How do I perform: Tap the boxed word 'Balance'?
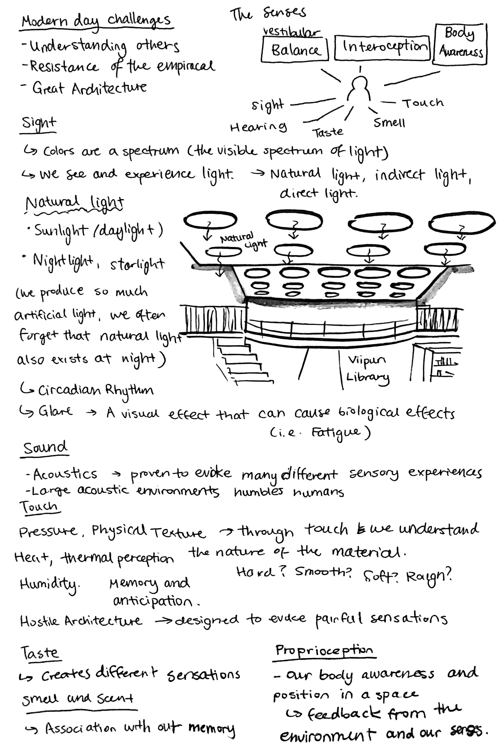coord(295,50)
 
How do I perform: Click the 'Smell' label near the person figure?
coord(389,123)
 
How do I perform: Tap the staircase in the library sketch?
coord(243,362)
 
